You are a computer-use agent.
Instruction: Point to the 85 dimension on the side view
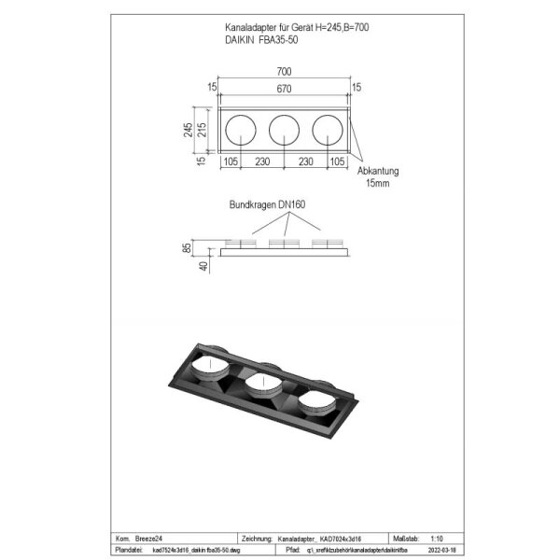[188, 247]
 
